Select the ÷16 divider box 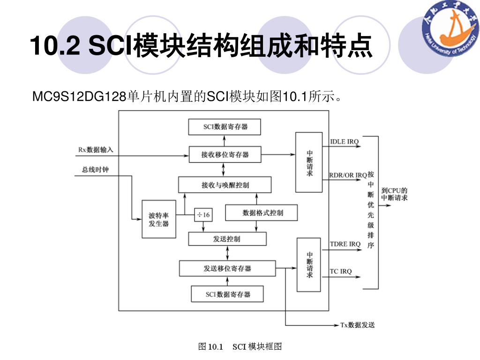coord(203,215)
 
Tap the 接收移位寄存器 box coord(225,154)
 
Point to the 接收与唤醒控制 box coord(225,185)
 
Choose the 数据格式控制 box coord(261,212)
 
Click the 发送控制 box coord(227,239)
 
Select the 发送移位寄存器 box coord(227,269)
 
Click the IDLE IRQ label coord(345,142)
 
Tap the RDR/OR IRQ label coord(348,175)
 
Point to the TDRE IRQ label coord(345,244)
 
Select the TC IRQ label coord(341,271)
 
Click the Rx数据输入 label coord(96,150)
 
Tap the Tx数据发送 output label coord(357,325)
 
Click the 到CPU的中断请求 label coord(394,194)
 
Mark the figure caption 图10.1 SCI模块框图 coord(240,347)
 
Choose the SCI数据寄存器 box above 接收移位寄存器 coord(225,127)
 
